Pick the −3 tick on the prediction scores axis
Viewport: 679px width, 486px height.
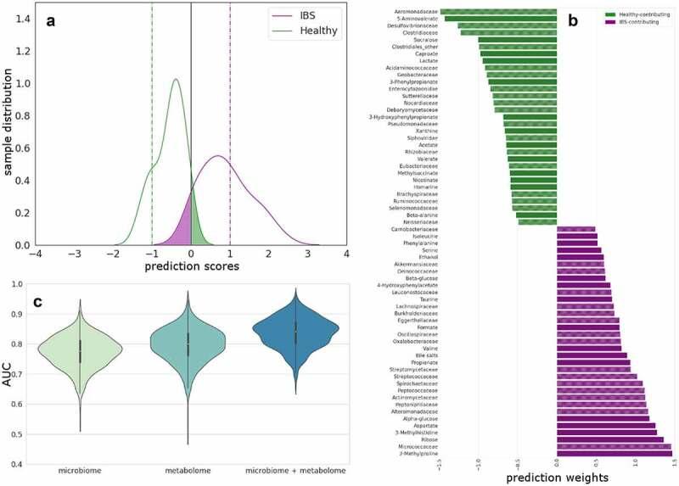click(x=74, y=254)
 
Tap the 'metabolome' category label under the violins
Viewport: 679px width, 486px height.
click(x=188, y=469)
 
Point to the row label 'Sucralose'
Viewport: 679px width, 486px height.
click(x=424, y=39)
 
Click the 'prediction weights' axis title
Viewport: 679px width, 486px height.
click(x=557, y=478)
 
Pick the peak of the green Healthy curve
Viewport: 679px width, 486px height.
click(x=176, y=80)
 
